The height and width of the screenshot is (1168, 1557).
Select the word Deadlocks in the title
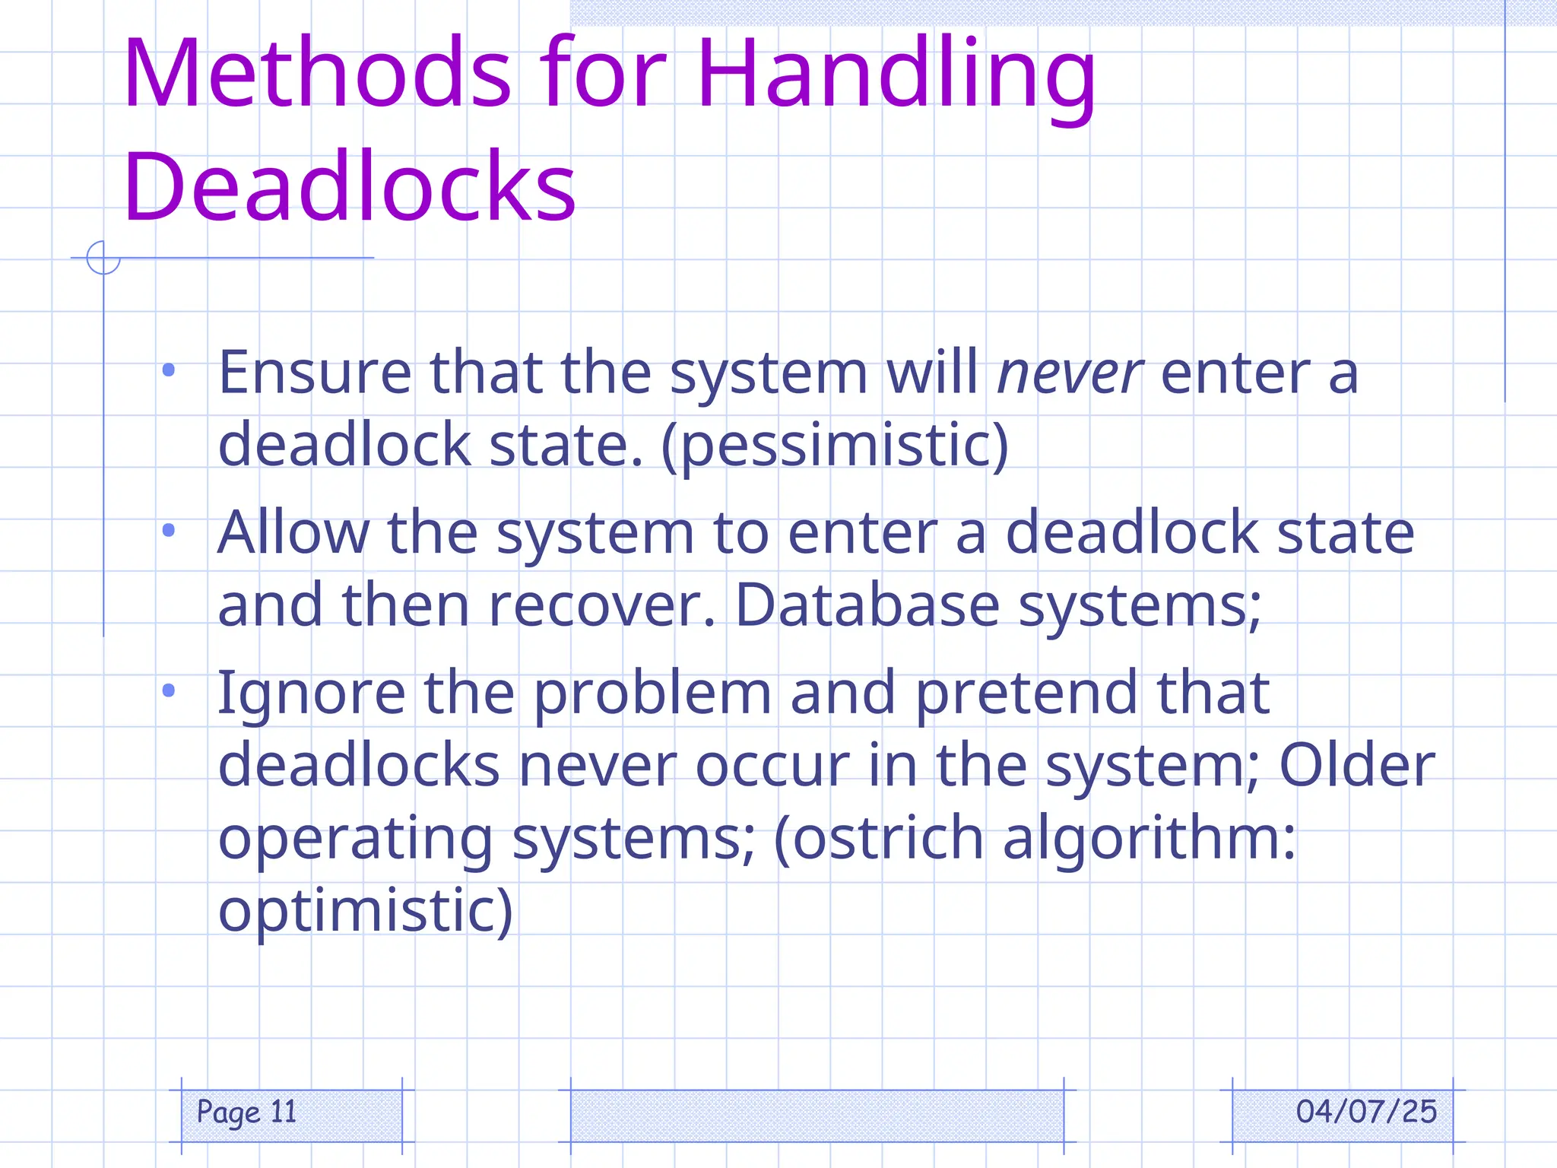click(350, 186)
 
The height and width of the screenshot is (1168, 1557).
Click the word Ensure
click(315, 373)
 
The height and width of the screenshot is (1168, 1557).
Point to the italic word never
click(1070, 374)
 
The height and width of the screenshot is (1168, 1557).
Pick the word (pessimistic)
click(835, 446)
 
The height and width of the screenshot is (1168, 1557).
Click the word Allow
click(293, 532)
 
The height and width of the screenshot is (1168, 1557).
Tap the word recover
click(601, 605)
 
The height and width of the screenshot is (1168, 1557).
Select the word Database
click(867, 605)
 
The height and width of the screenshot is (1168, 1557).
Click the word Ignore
click(312, 693)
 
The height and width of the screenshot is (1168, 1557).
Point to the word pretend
click(1026, 694)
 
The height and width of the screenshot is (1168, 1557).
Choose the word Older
click(1357, 765)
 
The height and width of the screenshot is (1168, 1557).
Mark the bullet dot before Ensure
click(169, 371)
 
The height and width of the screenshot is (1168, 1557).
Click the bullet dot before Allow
click(169, 531)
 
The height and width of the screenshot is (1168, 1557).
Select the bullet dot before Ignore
click(169, 690)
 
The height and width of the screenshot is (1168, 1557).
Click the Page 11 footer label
click(246, 1112)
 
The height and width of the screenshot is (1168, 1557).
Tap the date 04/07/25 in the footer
click(1366, 1112)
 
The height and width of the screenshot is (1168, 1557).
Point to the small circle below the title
click(103, 257)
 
